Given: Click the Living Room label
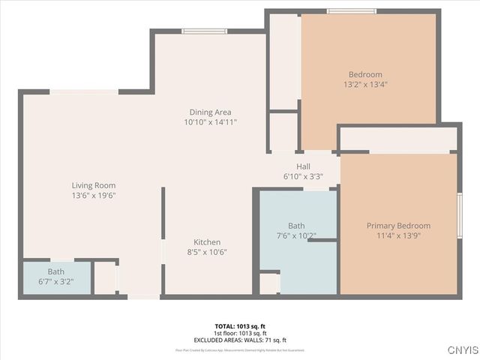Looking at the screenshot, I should point(94,185).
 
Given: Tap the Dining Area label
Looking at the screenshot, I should point(211,112).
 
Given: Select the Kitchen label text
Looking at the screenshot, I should point(207,242).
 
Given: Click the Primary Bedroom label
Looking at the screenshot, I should point(398,226).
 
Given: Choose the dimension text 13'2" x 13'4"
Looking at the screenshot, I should point(366,85).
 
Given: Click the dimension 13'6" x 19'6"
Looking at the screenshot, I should point(94,196).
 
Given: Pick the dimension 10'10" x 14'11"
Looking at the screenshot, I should point(211,122).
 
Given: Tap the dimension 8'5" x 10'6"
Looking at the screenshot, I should point(207,253).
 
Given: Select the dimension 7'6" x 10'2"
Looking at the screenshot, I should point(296,235).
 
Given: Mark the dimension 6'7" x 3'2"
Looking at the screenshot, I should point(56,282).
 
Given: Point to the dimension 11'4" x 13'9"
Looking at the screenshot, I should point(398,236).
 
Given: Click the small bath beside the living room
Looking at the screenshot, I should point(57,277).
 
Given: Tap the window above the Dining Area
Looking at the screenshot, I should point(205,31).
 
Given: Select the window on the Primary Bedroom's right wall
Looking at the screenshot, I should point(459,215).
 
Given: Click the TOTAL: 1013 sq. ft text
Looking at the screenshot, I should point(240,326).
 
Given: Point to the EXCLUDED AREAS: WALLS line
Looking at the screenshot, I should point(240,340).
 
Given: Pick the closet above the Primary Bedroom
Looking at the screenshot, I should point(398,139).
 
